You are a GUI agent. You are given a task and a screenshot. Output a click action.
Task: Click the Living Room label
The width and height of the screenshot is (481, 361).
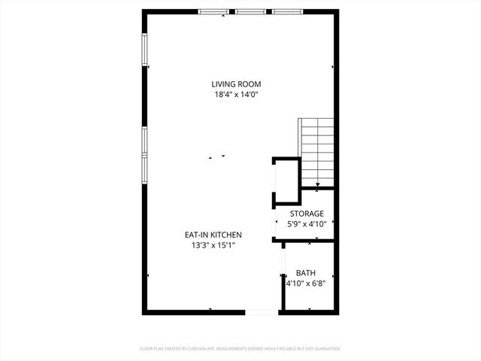236,84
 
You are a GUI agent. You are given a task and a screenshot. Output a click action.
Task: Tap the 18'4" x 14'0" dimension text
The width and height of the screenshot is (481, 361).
236,95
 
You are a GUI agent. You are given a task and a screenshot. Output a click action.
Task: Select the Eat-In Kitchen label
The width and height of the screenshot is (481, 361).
213,235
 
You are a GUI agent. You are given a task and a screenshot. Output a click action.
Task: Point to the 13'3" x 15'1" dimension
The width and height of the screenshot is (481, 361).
213,245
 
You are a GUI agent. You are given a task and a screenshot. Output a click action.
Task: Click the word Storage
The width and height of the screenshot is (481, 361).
307,214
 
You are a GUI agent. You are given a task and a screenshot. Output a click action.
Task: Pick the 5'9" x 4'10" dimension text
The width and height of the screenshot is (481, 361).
307,223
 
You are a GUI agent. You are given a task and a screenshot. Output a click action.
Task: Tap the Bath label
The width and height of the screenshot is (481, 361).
306,273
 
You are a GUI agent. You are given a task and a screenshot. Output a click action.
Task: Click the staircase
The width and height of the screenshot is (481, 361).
316,150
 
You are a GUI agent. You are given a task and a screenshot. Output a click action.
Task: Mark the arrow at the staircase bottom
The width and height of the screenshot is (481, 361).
318,184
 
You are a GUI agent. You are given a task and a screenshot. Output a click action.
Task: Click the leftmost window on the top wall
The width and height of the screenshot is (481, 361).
213,11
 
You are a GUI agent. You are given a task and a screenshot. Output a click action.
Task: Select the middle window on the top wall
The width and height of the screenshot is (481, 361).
250,11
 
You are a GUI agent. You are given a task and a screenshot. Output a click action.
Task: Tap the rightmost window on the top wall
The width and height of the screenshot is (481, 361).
287,11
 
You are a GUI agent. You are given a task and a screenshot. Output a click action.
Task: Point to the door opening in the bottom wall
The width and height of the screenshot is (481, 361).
262,311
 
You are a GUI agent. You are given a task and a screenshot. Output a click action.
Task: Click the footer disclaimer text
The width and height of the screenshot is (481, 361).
240,349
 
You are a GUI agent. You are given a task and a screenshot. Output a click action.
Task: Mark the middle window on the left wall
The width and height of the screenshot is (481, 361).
144,139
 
